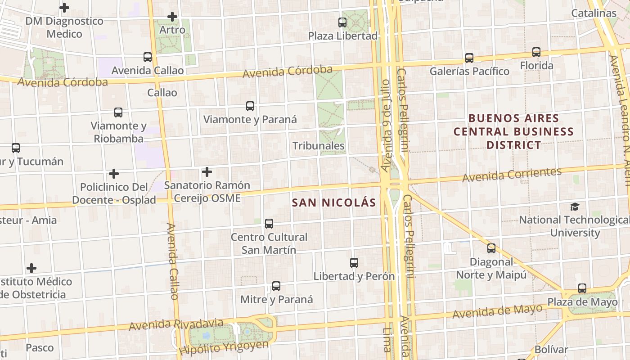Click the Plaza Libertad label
(342, 36)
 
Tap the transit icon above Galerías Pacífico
(469, 58)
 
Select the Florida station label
(536, 66)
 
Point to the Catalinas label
(594, 13)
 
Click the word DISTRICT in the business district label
(513, 145)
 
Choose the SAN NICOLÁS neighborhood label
(333, 202)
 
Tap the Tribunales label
(318, 146)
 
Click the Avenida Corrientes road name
(512, 175)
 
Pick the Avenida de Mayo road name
(497, 311)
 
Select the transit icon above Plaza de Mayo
(582, 288)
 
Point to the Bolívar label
(551, 349)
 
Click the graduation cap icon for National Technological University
(575, 207)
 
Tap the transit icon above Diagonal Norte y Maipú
(491, 248)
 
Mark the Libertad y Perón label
(354, 276)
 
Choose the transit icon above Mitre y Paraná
(276, 286)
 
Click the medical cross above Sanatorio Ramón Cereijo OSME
(207, 172)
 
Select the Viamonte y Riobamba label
(118, 132)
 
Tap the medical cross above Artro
(172, 17)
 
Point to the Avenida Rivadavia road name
(176, 324)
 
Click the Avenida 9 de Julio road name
(386, 126)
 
